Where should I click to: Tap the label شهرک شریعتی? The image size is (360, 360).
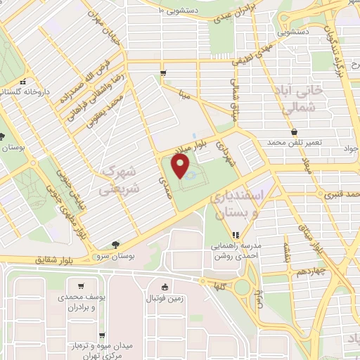tap(115, 179)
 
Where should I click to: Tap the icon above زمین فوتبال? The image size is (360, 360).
tap(165, 286)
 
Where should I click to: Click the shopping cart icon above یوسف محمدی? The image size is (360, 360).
tap(82, 286)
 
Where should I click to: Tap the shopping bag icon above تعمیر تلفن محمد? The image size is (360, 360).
tap(293, 131)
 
